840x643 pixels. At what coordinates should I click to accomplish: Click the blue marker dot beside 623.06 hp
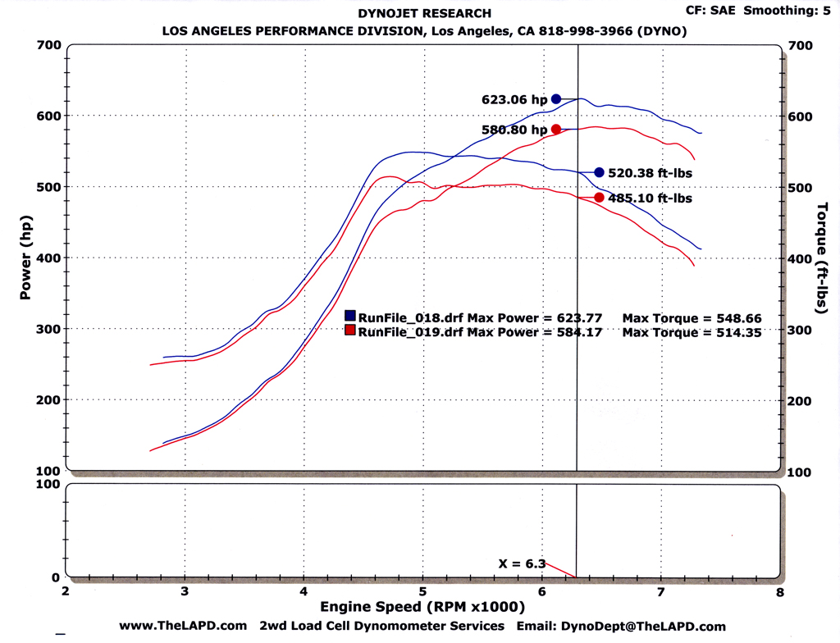pyautogui.click(x=556, y=98)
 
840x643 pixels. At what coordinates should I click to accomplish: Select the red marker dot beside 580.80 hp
pyautogui.click(x=556, y=129)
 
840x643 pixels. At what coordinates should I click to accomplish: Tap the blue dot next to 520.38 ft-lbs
pyautogui.click(x=599, y=172)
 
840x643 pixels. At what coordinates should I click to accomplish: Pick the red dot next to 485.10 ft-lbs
pyautogui.click(x=599, y=198)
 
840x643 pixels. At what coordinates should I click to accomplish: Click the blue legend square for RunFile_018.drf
pyautogui.click(x=350, y=316)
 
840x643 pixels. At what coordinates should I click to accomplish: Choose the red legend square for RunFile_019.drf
pyautogui.click(x=350, y=331)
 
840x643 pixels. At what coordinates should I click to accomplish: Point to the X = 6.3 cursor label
pyautogui.click(x=523, y=563)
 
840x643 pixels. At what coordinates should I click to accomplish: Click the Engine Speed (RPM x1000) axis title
pyautogui.click(x=422, y=608)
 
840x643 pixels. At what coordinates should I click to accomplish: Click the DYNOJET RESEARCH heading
pyautogui.click(x=425, y=13)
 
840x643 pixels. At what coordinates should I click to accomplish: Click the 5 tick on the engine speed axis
pyautogui.click(x=422, y=591)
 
